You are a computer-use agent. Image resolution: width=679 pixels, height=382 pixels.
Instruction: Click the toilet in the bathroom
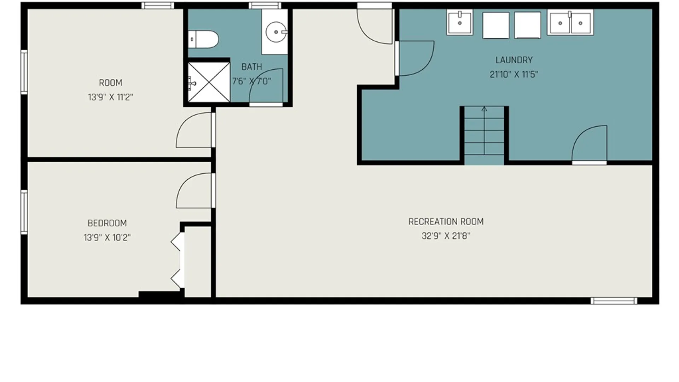pyautogui.click(x=203, y=39)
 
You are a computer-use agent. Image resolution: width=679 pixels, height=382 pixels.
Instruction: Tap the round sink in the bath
pyautogui.click(x=276, y=32)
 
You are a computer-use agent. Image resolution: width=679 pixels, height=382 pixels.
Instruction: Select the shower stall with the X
pyautogui.click(x=209, y=82)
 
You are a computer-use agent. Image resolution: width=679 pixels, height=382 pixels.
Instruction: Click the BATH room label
pyautogui.click(x=252, y=66)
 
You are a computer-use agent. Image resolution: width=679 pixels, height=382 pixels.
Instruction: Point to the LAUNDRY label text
pyautogui.click(x=514, y=60)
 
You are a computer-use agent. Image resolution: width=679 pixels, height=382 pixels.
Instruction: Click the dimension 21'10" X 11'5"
pyautogui.click(x=514, y=74)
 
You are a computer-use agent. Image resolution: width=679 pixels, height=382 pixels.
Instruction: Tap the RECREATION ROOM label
pyautogui.click(x=446, y=222)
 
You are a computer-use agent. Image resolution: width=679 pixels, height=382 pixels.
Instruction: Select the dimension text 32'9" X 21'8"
pyautogui.click(x=446, y=236)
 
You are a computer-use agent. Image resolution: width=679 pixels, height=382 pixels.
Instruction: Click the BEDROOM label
pyautogui.click(x=107, y=223)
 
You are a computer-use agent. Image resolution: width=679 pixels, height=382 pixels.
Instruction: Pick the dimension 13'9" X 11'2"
pyautogui.click(x=110, y=97)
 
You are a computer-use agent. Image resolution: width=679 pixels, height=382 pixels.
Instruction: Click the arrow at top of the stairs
pyautogui.click(x=484, y=109)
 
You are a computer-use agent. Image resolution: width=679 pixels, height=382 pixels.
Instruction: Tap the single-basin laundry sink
pyautogui.click(x=460, y=23)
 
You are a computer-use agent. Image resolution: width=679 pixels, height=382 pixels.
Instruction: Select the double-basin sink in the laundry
pyautogui.click(x=570, y=23)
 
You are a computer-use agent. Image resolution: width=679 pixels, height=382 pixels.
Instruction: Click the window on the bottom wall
pyautogui.click(x=614, y=301)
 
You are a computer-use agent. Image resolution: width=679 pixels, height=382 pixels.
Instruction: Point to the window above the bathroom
pyautogui.click(x=265, y=5)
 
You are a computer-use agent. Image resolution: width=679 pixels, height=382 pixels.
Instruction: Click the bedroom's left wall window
pyautogui.click(x=24, y=212)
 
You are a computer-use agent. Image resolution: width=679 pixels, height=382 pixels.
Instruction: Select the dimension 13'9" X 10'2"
pyautogui.click(x=107, y=237)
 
